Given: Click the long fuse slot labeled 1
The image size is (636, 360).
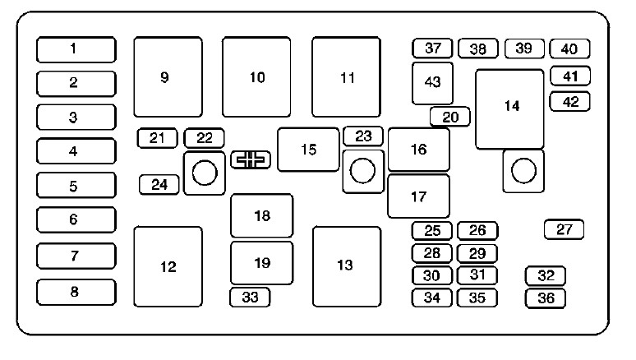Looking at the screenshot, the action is coord(76,49).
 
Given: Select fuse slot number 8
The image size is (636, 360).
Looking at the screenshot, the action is coord(76,292).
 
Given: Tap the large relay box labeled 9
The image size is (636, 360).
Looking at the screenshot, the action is coord(168,77).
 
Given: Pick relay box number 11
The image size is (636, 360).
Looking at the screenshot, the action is coord(347,77).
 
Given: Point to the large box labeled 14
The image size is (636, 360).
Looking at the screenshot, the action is coord(509,109).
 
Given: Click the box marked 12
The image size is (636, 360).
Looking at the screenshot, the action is coord(168,266).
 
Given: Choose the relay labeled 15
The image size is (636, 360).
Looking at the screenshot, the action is coord(308,150).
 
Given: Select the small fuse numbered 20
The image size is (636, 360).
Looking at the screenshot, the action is coord(450,117).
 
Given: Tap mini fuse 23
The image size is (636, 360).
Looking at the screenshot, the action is coord(363,136).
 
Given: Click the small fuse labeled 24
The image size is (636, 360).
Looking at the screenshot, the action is coord(159,185).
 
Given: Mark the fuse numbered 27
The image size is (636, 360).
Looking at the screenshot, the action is coord(565,229).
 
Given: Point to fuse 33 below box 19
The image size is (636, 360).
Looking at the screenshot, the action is coord(250,297).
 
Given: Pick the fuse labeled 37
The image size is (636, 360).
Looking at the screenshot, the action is coord(432,48).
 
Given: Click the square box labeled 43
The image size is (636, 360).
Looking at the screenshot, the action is coord(432,83).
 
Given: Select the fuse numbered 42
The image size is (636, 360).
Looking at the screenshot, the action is coord(570,101).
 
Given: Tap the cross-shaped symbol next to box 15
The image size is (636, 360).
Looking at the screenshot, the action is coord(251,159).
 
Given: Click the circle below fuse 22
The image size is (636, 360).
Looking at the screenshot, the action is coord(205,173).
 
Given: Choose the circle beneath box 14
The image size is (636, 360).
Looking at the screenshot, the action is coord(523,170).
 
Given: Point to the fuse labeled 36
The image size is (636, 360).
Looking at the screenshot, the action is coord(545,298).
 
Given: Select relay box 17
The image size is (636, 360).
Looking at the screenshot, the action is coord(418,196).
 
